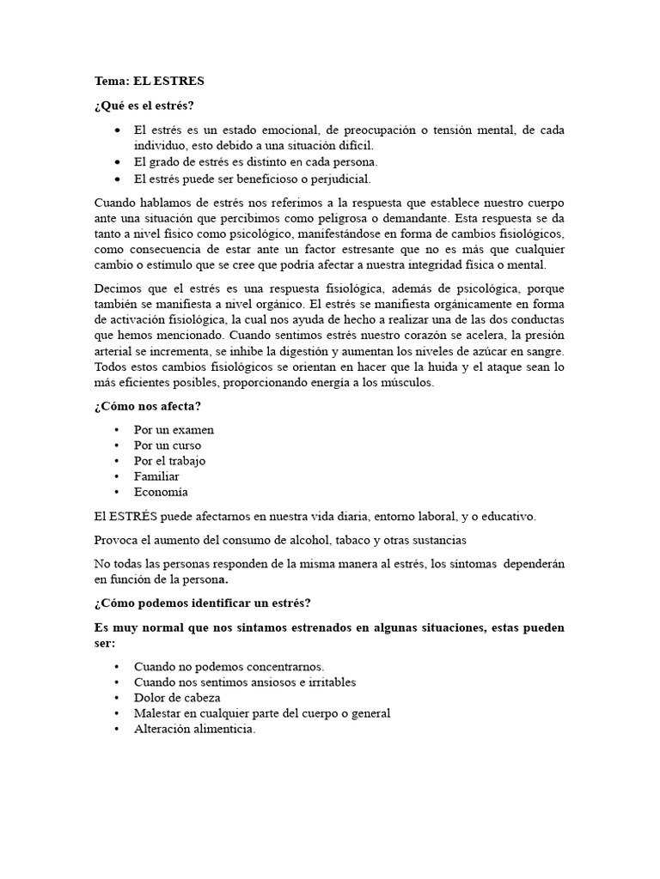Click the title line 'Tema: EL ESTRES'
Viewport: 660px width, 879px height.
pyautogui.click(x=150, y=82)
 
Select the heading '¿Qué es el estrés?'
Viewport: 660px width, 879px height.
pyautogui.click(x=144, y=106)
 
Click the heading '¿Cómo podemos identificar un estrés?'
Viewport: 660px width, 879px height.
pyautogui.click(x=202, y=603)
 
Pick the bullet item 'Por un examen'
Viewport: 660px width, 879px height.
pyautogui.click(x=174, y=429)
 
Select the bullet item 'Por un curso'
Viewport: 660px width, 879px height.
pyautogui.click(x=168, y=446)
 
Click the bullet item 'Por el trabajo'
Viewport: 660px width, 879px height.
pyautogui.click(x=169, y=461)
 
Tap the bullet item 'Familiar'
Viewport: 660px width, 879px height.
pyautogui.click(x=156, y=476)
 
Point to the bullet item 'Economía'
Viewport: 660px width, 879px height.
pyautogui.click(x=161, y=492)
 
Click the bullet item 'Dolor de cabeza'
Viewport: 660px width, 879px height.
pyautogui.click(x=177, y=698)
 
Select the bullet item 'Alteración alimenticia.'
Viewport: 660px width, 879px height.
pyautogui.click(x=195, y=729)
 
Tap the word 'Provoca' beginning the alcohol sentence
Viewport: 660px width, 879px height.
pyautogui.click(x=116, y=540)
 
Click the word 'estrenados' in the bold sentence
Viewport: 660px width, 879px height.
pyautogui.click(x=339, y=627)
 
